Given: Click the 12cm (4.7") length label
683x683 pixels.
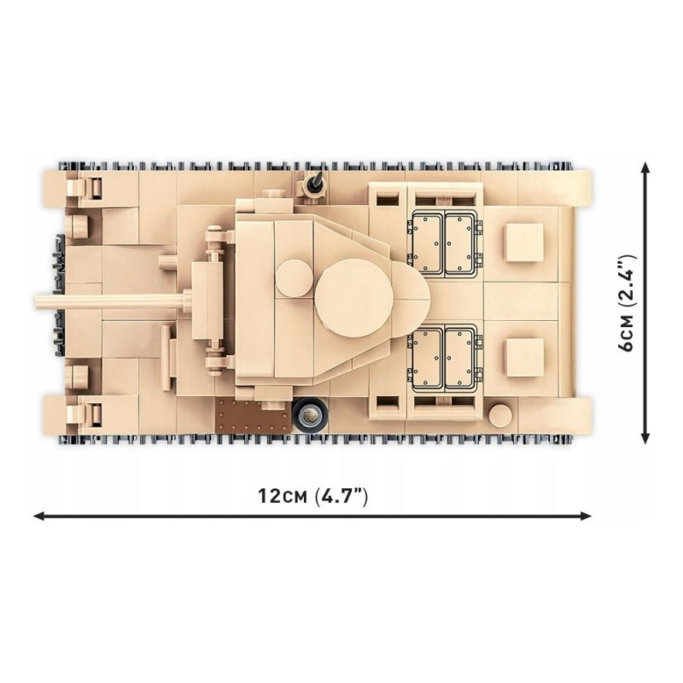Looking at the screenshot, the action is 313,496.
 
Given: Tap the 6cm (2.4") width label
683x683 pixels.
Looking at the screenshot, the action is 628,303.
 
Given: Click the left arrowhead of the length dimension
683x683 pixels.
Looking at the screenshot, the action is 38,517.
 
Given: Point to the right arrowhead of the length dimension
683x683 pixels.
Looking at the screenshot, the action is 586,517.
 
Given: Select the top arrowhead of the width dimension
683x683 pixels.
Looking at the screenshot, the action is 646,166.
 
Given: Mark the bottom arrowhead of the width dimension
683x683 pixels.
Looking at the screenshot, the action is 646,438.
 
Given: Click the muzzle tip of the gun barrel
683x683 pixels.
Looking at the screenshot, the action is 37,301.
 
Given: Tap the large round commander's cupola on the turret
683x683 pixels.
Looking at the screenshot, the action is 354,298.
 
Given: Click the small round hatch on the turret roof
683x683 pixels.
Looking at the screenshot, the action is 294,279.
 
